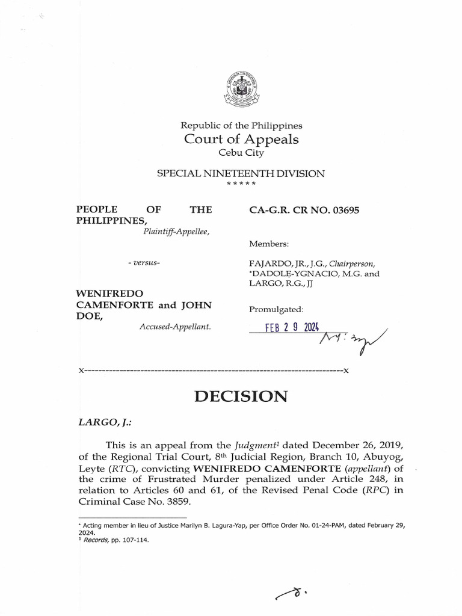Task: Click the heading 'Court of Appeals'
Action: pyautogui.click(x=241, y=139)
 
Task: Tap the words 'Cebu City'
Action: pyautogui.click(x=241, y=153)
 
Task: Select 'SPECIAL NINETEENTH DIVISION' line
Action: pyautogui.click(x=241, y=173)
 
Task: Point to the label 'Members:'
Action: pyautogui.click(x=268, y=244)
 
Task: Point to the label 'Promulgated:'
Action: pyautogui.click(x=276, y=309)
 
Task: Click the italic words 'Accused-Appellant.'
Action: pyautogui.click(x=174, y=326)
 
